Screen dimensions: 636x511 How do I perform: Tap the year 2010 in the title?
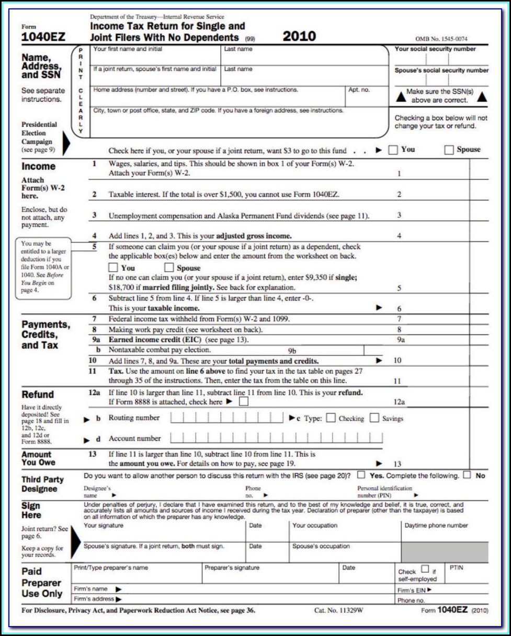pos(299,36)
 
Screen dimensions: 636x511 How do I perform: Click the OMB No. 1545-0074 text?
pos(441,39)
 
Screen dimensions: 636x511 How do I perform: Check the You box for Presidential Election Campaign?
pos(393,150)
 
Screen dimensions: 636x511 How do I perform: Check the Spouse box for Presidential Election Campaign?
pos(449,150)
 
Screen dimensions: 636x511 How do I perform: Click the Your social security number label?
pos(435,49)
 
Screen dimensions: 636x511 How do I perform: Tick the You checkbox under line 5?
pos(113,268)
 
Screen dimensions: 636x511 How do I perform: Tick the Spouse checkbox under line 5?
pos(169,268)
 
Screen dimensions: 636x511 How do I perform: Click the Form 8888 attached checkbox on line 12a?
pos(243,402)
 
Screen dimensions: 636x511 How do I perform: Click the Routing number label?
pos(134,418)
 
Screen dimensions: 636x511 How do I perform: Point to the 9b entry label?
pos(292,351)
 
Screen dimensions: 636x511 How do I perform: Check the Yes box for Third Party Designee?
pos(361,475)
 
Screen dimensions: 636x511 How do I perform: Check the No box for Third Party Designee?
pos(467,475)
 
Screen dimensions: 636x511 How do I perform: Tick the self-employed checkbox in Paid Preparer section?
pos(425,569)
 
